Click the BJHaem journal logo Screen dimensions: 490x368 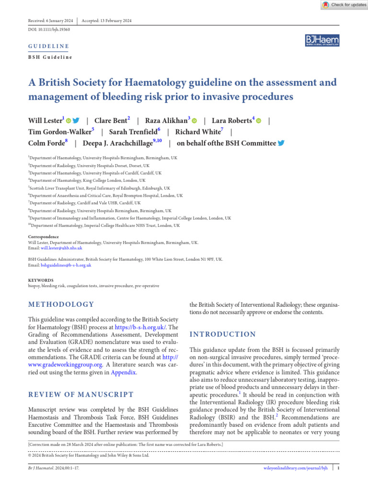[322, 41]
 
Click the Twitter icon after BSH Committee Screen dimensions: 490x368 [281, 143]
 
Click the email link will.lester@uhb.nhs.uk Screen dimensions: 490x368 [61, 248]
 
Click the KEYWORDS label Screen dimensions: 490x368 [41, 280]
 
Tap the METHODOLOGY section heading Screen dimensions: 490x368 [61, 304]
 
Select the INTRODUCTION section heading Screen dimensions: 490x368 [223, 334]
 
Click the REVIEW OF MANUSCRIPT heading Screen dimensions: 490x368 [80, 394]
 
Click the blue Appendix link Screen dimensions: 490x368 [124, 372]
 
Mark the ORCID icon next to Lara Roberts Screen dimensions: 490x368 [259, 121]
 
